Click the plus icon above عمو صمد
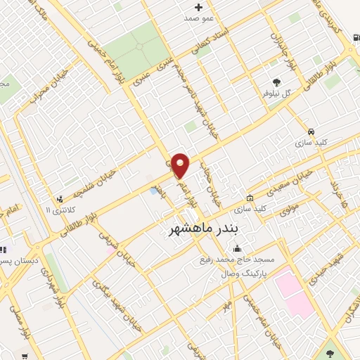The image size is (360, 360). [x=199, y=8]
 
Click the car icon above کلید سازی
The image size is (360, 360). [x=311, y=131]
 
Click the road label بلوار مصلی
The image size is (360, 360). [x=12, y=323]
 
